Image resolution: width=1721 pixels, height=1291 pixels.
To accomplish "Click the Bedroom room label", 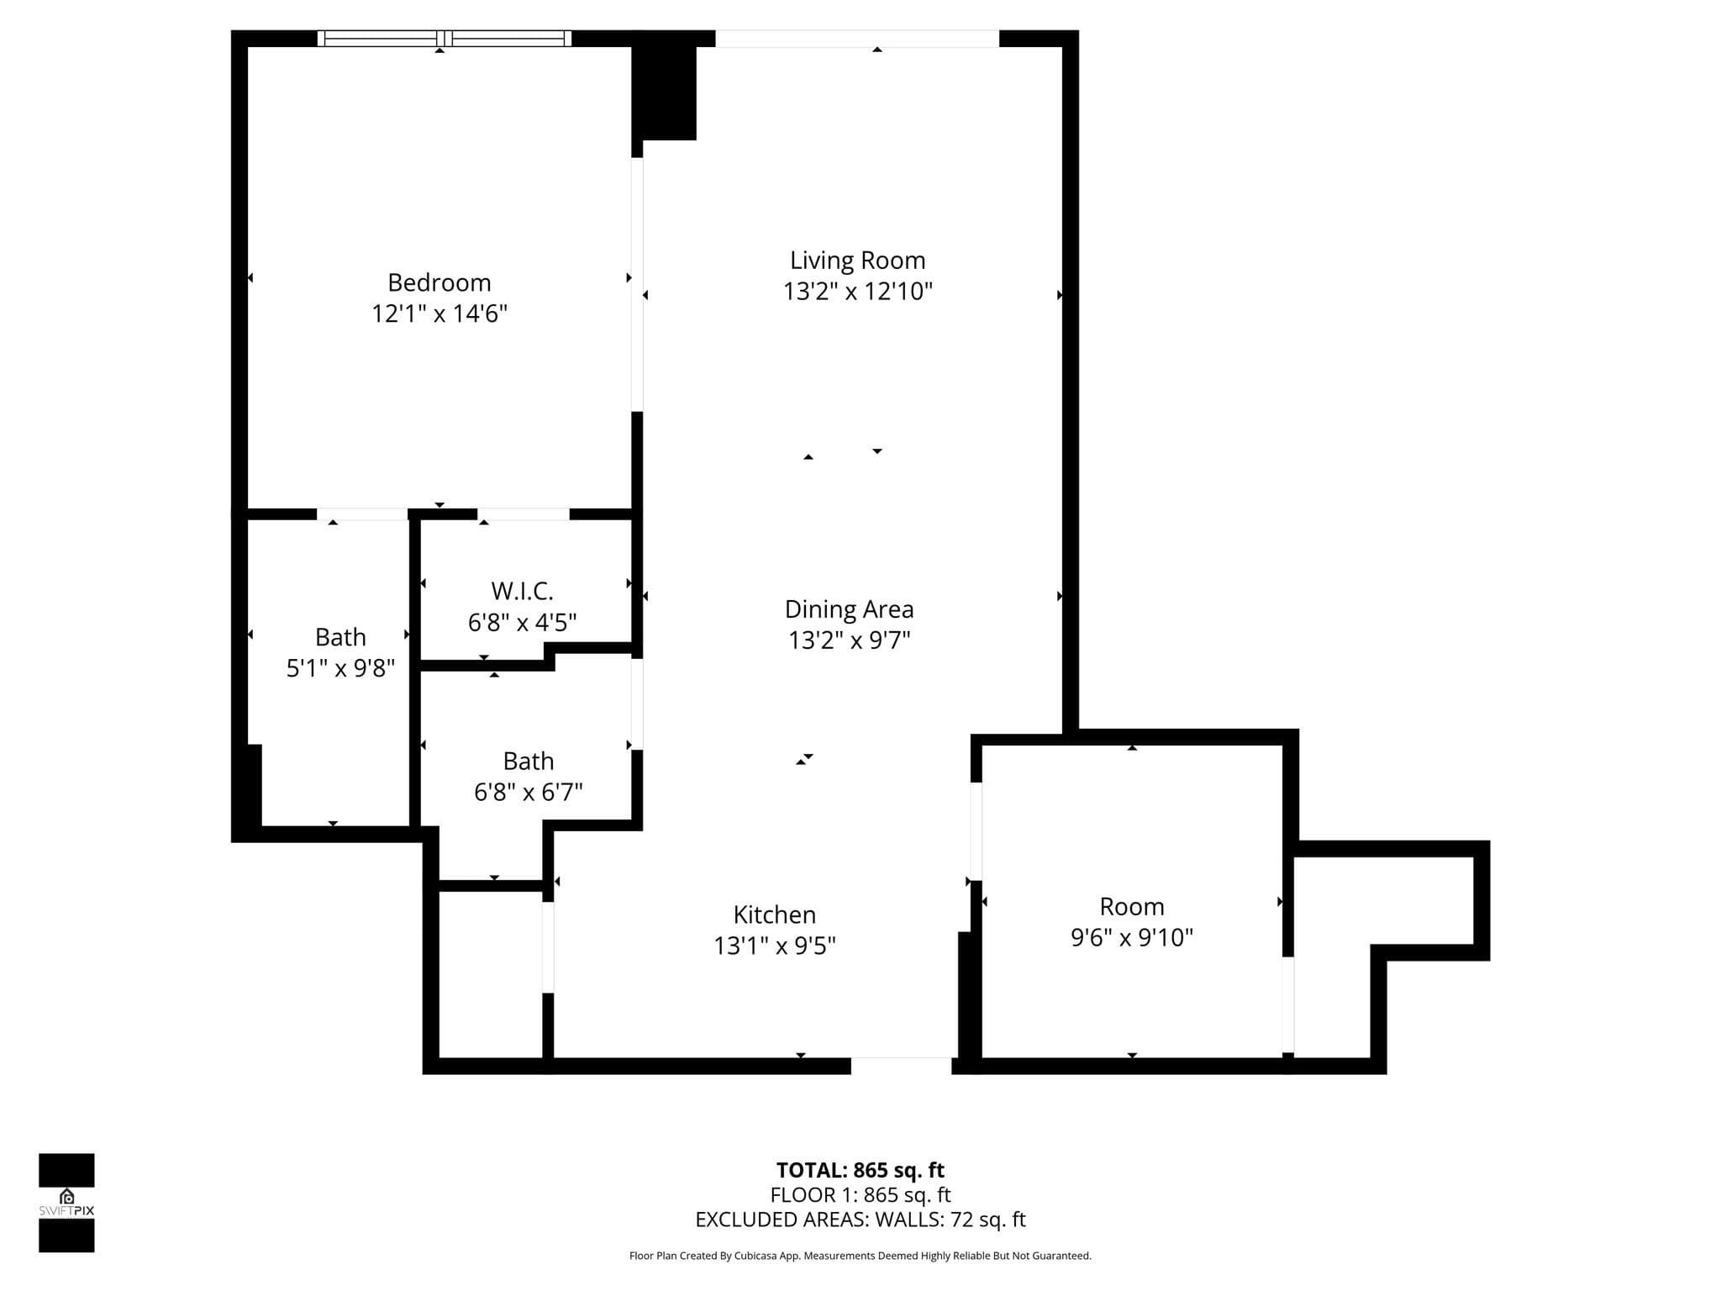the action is coord(439,283).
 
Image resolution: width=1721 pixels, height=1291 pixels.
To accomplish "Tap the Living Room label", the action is coord(858,261).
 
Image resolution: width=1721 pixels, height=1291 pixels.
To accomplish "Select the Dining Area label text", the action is coord(850,609).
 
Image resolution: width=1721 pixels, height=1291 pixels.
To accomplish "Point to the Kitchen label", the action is coord(775,914).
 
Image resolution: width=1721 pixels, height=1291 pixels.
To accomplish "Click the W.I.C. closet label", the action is coord(523,591).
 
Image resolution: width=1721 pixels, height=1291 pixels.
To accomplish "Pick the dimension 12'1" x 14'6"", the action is coord(439,314).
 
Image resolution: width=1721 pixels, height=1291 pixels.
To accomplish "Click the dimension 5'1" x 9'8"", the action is coord(340,668).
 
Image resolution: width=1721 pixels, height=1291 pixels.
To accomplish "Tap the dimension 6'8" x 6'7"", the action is coord(529,792).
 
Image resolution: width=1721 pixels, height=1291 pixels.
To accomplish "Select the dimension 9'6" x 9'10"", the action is coord(1132,937).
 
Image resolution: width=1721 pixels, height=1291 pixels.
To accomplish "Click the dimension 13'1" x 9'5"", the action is coord(775,946).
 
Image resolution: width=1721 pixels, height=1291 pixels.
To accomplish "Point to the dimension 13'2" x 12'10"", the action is coord(858,292).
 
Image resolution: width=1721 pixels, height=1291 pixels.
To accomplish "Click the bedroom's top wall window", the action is coord(445,38).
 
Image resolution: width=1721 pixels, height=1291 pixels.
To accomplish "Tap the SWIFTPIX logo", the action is coord(66,1203).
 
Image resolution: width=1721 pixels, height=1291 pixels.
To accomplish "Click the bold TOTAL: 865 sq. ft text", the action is coord(860,1170).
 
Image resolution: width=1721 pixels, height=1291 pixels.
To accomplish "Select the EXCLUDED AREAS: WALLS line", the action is coord(860,1220).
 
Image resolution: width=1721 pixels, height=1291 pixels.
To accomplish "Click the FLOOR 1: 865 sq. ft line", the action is coord(860,1194).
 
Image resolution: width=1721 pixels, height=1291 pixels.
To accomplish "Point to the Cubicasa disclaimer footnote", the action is coord(860,1256).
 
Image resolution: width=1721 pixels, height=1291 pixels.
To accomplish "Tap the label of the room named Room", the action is coord(1132,907).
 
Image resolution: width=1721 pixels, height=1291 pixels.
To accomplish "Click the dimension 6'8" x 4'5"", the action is coord(523,623).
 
